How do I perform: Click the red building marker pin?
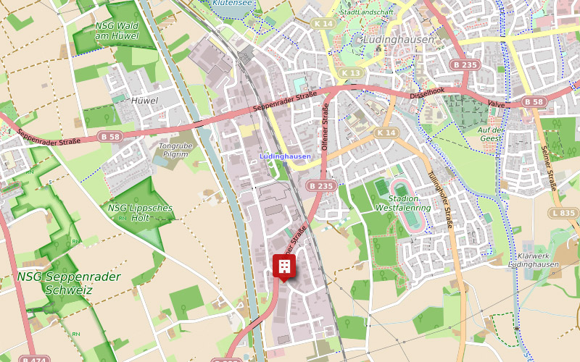tap(284, 266)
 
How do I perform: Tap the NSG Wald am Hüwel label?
tap(116, 31)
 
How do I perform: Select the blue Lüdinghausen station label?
tap(285, 156)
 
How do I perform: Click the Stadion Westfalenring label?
tap(404, 203)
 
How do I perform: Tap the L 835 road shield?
tap(563, 213)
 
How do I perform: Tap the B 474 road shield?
tap(34, 359)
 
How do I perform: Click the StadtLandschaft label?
tap(366, 12)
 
